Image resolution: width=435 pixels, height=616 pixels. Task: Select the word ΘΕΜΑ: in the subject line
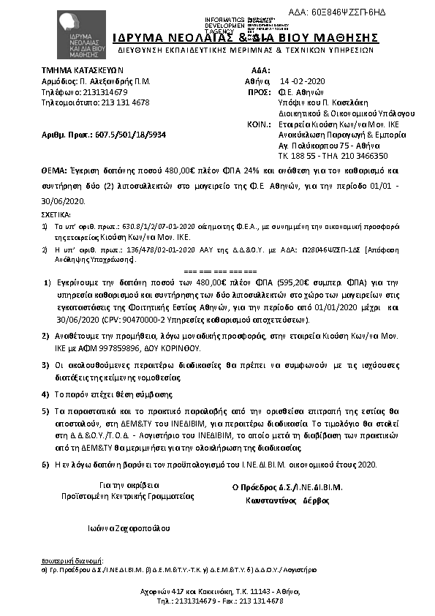pos(55,169)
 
